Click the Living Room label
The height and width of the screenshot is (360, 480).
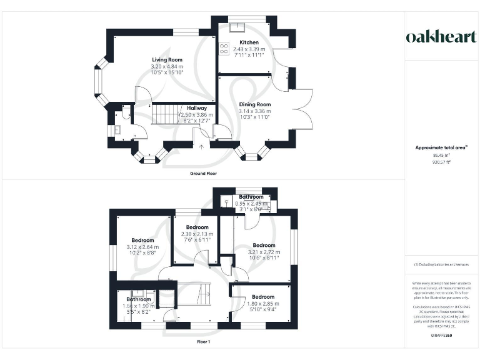[x=166, y=59]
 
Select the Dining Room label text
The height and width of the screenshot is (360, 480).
[x=254, y=104]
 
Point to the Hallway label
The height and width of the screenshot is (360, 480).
[x=197, y=108]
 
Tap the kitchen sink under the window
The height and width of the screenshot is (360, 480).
[x=237, y=26]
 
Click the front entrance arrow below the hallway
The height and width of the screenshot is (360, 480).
[x=202, y=147]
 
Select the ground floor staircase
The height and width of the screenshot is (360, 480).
[x=167, y=114]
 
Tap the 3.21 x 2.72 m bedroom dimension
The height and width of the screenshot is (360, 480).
[x=263, y=252]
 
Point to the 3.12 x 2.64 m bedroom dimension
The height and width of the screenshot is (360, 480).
[x=144, y=247]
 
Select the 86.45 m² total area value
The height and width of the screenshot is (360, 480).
[x=442, y=155]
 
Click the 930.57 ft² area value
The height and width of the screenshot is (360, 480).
[x=442, y=161]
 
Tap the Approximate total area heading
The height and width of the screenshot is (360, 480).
[x=441, y=147]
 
